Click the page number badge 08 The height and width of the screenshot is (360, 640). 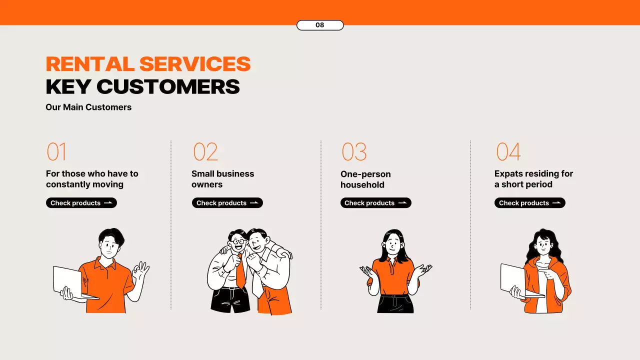[x=320, y=25]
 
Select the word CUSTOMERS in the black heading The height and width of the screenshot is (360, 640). [x=168, y=86]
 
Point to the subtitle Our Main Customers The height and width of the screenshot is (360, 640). [x=88, y=107]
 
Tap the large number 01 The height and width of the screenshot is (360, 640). [x=56, y=151]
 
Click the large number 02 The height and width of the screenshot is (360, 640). [x=205, y=151]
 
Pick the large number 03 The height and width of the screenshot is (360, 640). [x=354, y=151]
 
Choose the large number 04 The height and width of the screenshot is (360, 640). [x=508, y=151]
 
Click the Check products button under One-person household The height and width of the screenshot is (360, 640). [x=375, y=203]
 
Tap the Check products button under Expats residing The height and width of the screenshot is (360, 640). [x=529, y=203]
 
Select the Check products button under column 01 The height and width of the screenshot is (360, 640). [x=81, y=203]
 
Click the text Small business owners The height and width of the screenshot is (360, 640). [x=222, y=179]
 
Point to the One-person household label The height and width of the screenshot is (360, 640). [x=365, y=179]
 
